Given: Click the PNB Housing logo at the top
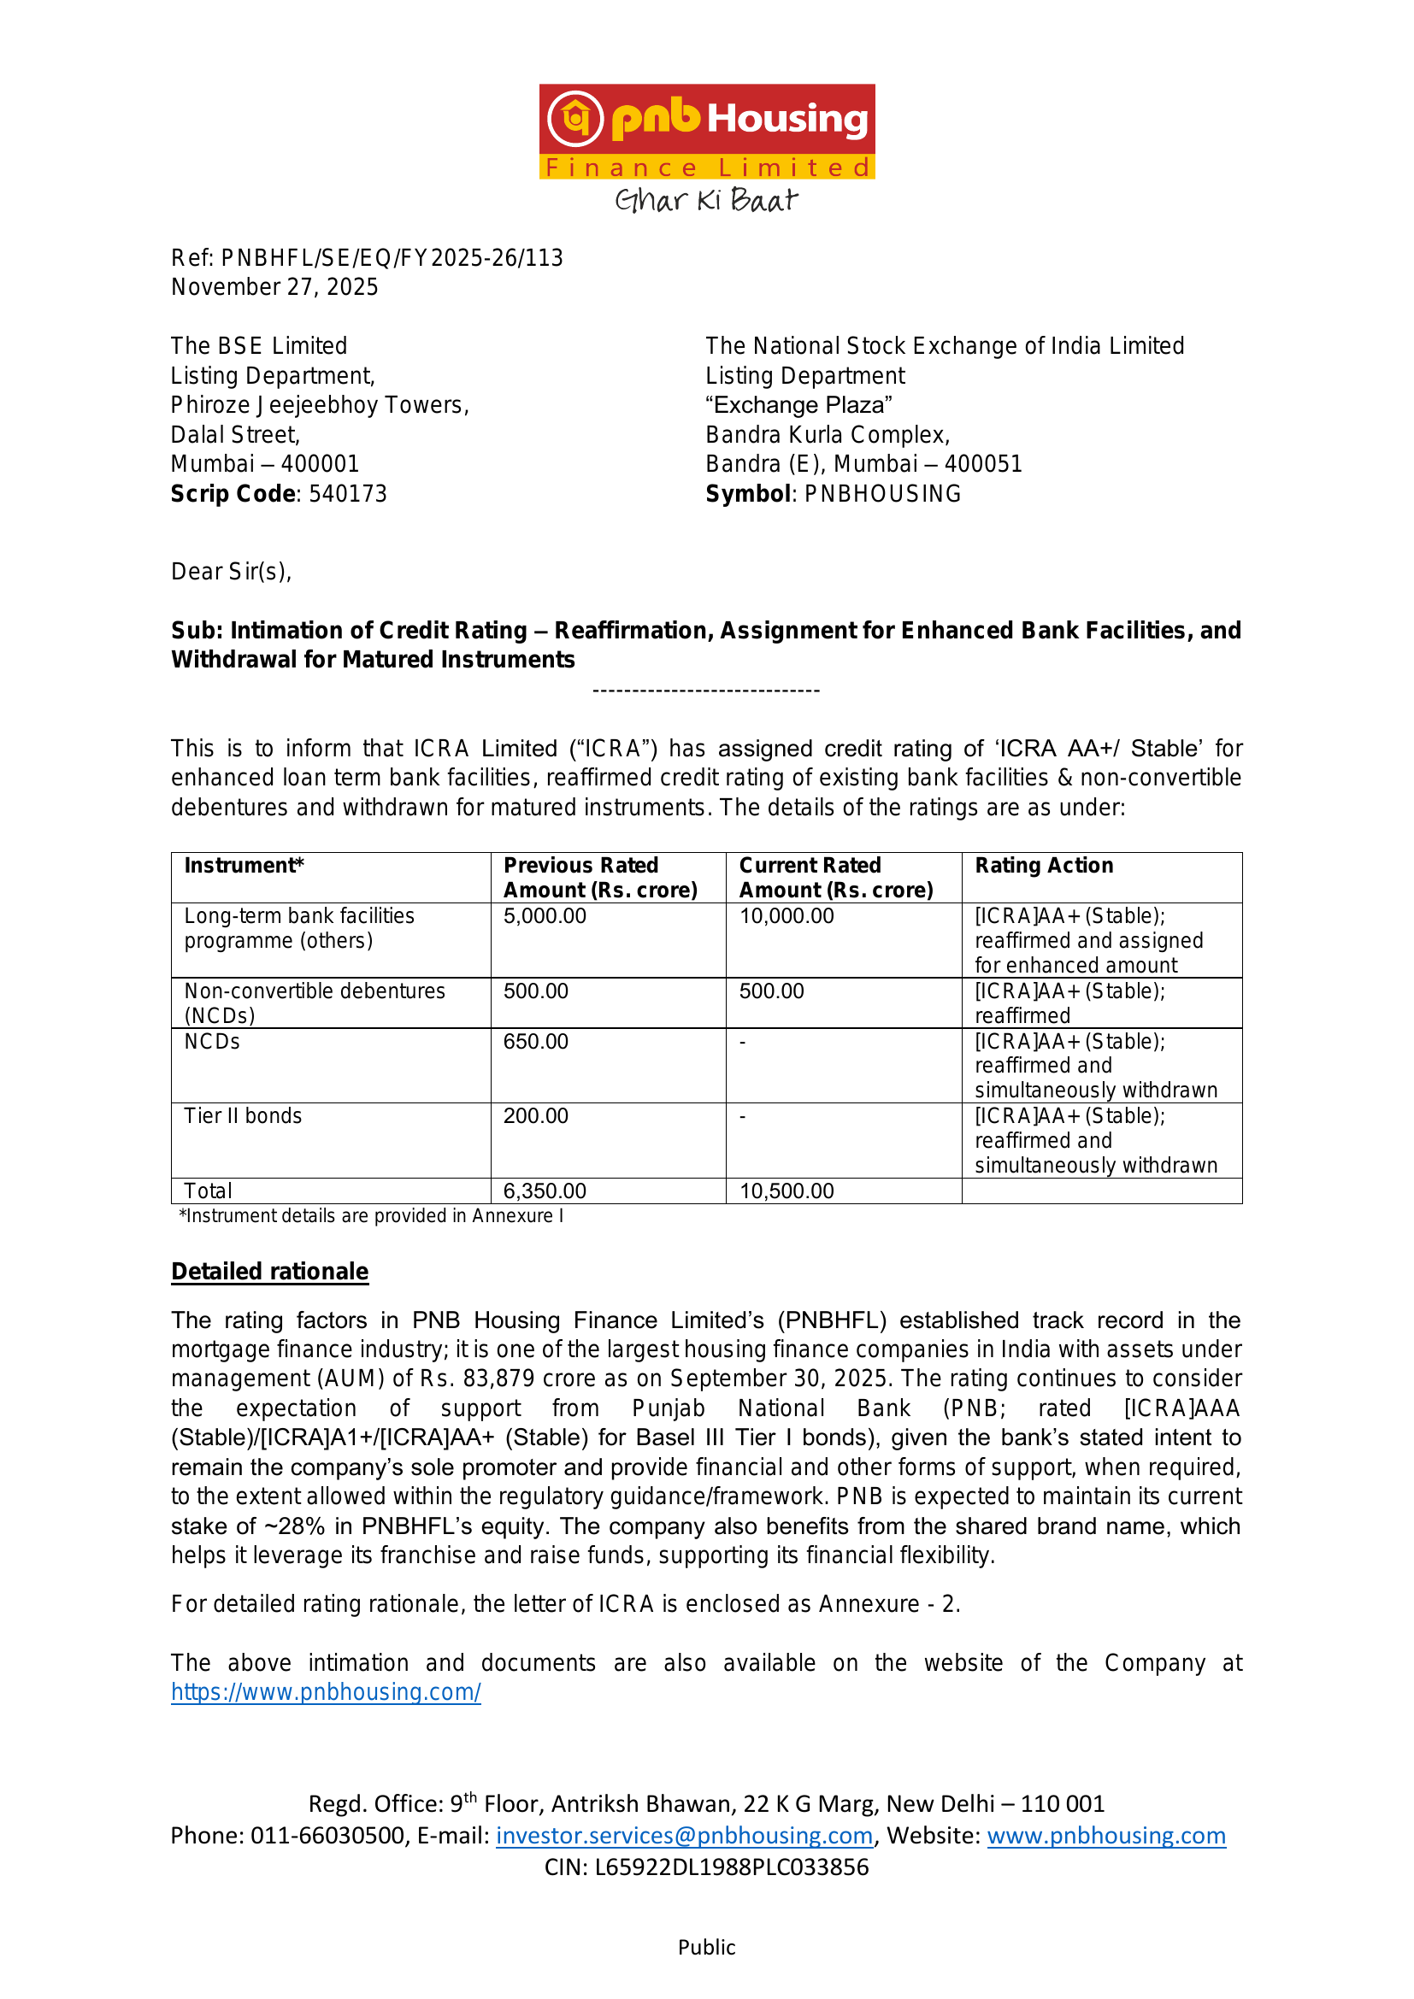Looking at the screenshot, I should [x=706, y=131].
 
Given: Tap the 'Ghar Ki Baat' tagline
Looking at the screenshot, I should [x=706, y=200].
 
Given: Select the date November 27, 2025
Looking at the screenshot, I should [x=274, y=287].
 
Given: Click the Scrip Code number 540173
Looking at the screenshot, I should [x=347, y=494].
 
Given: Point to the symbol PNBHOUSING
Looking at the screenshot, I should [x=882, y=494].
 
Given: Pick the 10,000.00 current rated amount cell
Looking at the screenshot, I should [x=787, y=916].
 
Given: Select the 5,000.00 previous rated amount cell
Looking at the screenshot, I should [x=545, y=916].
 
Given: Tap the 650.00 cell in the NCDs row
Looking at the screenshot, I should [x=535, y=1041].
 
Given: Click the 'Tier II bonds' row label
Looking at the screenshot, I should [x=243, y=1116].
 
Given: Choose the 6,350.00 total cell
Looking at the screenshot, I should [x=545, y=1191].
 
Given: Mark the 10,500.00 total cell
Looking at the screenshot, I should [x=787, y=1191].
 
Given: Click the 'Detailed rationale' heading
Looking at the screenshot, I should [x=270, y=1271].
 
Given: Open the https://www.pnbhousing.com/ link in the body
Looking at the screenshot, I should [x=326, y=1691].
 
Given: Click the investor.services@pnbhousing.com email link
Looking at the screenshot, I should [x=685, y=1835].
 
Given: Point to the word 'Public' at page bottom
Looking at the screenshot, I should [x=706, y=1948].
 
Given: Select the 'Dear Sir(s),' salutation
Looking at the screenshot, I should [x=231, y=572].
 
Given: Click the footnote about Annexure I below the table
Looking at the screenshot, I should [x=371, y=1215].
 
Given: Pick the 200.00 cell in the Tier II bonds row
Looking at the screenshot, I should [x=535, y=1116].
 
